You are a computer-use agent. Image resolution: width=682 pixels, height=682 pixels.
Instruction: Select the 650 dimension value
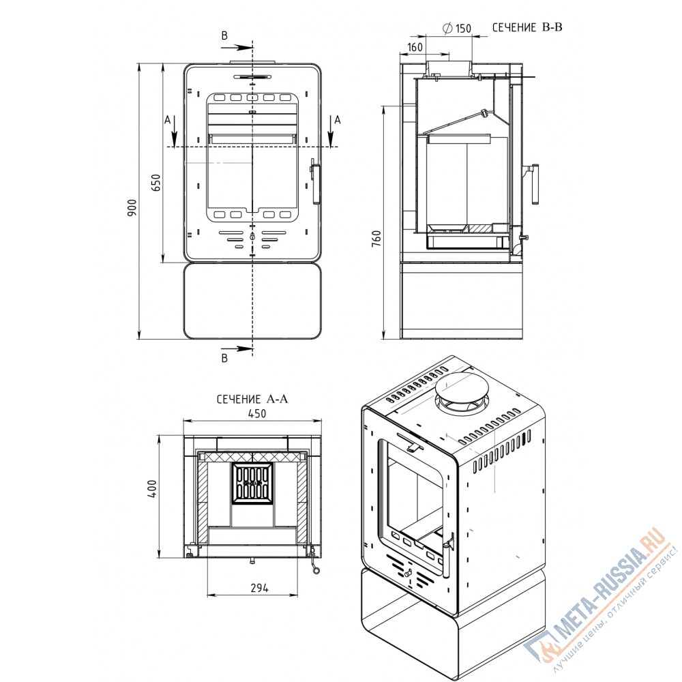[x=157, y=183]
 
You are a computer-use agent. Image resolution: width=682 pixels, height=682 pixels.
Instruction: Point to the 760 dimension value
[x=376, y=238]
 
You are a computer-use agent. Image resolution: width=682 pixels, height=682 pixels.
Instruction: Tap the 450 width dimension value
[x=257, y=413]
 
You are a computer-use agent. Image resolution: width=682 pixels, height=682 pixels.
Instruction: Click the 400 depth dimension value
[x=152, y=489]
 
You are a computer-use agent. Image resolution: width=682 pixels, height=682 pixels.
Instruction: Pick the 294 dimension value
[x=260, y=588]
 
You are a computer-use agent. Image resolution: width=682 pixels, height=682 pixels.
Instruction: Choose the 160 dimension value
[x=415, y=47]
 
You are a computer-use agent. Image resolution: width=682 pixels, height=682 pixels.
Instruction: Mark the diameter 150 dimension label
[x=457, y=28]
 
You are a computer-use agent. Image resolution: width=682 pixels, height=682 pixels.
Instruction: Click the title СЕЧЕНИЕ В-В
[x=527, y=27]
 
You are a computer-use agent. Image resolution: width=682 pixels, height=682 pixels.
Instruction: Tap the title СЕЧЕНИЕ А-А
[x=252, y=399]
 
